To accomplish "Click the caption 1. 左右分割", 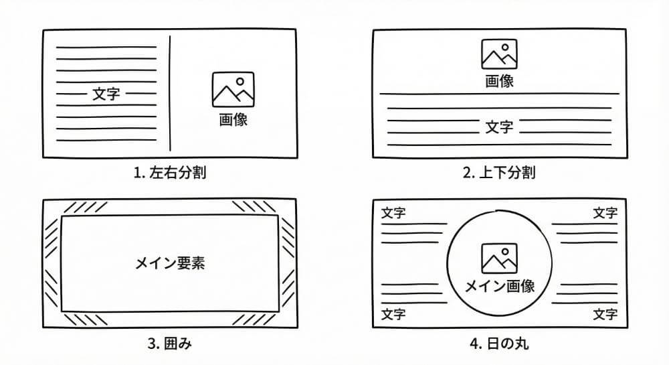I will coord(169,173).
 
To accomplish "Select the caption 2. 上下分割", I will coord(499,173).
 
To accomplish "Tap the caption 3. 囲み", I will coord(169,345).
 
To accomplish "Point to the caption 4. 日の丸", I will coord(499,345).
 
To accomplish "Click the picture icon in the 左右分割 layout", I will coord(233,90).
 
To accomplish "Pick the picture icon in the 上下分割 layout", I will coord(499,54).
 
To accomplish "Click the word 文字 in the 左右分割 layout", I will coord(106,94).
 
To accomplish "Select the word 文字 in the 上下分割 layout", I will coord(499,127).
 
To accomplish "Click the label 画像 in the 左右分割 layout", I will coord(233,121).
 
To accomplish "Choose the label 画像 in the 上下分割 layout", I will coord(499,82).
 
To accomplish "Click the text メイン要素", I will coord(169,264).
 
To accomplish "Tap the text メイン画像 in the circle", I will coord(499,286).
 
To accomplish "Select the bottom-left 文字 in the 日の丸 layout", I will coord(393,314).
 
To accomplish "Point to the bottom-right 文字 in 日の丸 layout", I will coord(605,314).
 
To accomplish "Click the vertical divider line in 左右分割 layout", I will coord(170,94).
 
